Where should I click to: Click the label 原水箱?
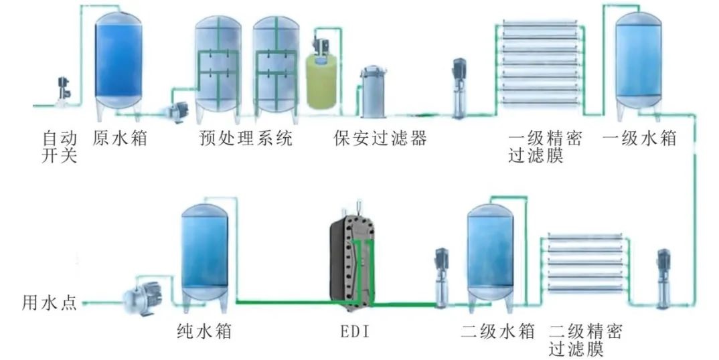click(x=120, y=139)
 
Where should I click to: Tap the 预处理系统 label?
click(x=246, y=139)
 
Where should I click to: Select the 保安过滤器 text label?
click(x=380, y=139)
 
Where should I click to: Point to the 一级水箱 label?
click(x=639, y=139)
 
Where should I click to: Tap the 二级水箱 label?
click(x=497, y=331)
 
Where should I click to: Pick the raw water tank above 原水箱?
click(x=118, y=60)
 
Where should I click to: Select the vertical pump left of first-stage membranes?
click(x=459, y=87)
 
